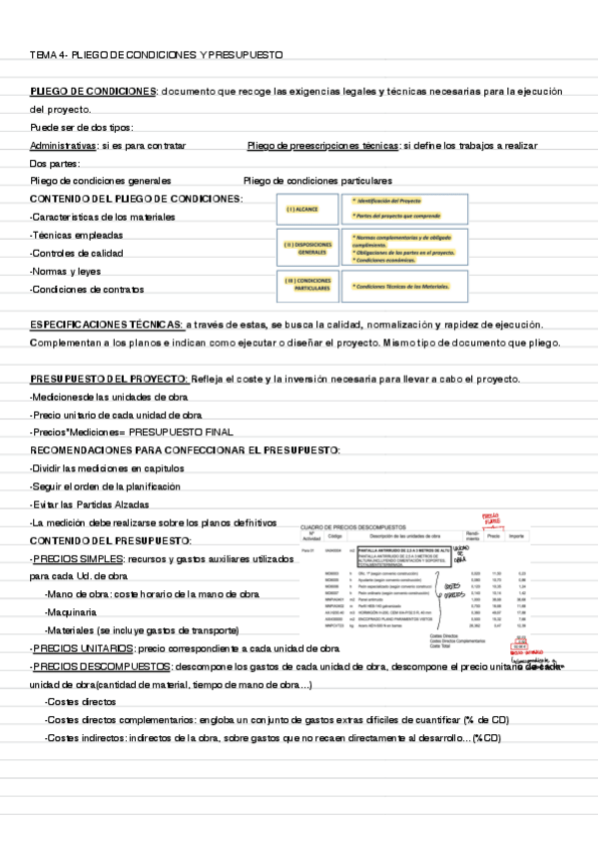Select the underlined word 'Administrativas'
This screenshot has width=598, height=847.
tap(64, 145)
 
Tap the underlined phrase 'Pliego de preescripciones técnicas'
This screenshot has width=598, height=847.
tap(321, 145)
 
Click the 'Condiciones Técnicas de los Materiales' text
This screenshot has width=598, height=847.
tap(401, 286)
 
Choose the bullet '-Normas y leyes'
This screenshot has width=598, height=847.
tap(67, 271)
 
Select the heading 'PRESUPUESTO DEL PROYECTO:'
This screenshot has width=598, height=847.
tap(110, 379)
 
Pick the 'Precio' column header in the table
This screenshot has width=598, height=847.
tap(493, 536)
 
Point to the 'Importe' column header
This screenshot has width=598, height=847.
tap(517, 536)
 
